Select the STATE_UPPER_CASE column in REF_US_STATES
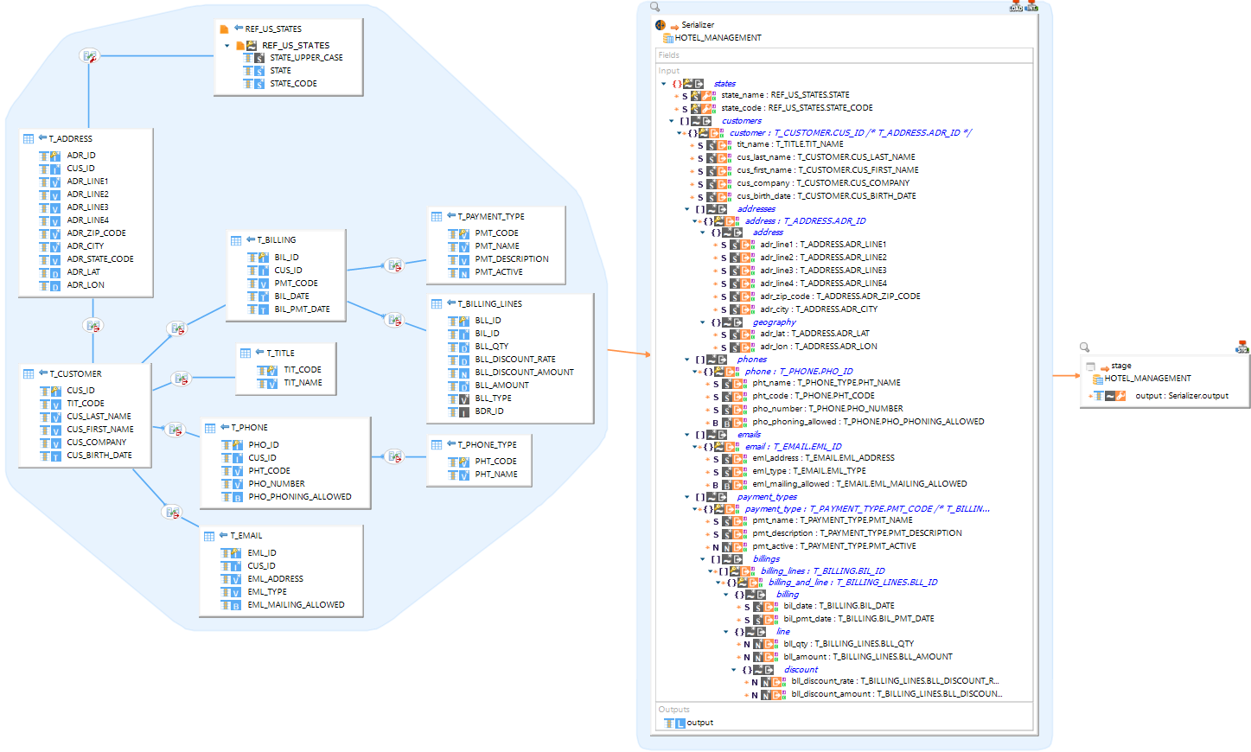tap(306, 58)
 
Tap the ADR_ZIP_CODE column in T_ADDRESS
tap(96, 233)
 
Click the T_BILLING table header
tap(276, 240)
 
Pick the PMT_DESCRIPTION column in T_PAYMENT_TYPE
tap(511, 259)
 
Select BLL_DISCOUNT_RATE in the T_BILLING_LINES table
tap(514, 360)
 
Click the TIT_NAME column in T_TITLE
tap(303, 383)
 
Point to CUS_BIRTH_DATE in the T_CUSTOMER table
tap(99, 456)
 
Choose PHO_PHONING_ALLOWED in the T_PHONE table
tap(299, 497)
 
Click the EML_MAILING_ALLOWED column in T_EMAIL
tap(296, 605)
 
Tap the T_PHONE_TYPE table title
tap(487, 445)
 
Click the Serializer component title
tap(697, 25)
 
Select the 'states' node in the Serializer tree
tap(724, 84)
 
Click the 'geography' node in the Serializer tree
tap(774, 322)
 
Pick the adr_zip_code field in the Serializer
tap(839, 296)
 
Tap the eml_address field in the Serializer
tap(822, 458)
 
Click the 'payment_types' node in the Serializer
tap(767, 497)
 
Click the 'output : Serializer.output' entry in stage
tap(1181, 396)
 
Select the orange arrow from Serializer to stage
tap(1066, 375)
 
